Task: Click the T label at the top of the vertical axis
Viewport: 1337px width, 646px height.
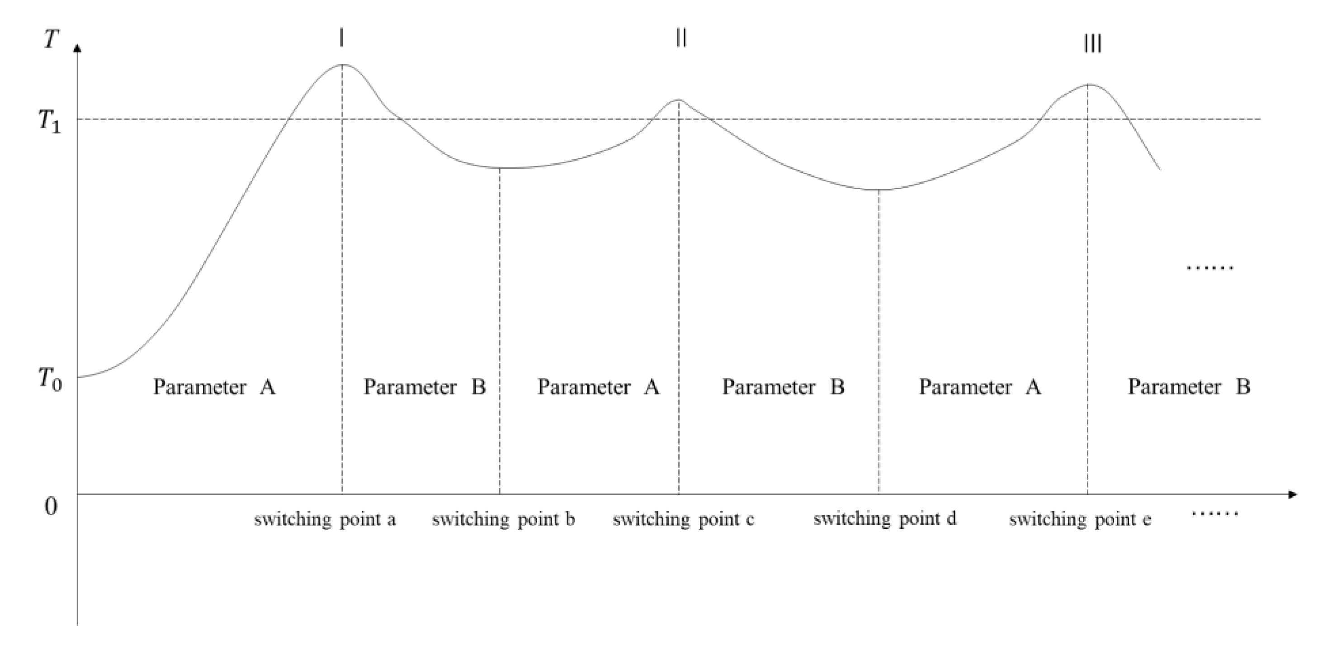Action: [51, 39]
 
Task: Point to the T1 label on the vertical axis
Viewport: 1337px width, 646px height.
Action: [50, 122]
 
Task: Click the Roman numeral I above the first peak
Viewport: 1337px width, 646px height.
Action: [341, 38]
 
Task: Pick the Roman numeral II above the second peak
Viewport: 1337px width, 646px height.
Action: [681, 38]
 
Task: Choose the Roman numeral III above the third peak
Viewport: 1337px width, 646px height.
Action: [1092, 43]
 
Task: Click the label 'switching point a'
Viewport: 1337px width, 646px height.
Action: [325, 519]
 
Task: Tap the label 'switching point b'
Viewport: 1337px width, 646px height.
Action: [503, 519]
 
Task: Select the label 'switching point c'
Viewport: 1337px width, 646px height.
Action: [684, 519]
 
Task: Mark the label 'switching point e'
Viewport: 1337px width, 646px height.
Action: [1080, 519]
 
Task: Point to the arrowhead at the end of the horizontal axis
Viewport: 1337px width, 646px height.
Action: [1292, 494]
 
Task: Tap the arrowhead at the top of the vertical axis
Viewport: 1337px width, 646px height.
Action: [78, 48]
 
